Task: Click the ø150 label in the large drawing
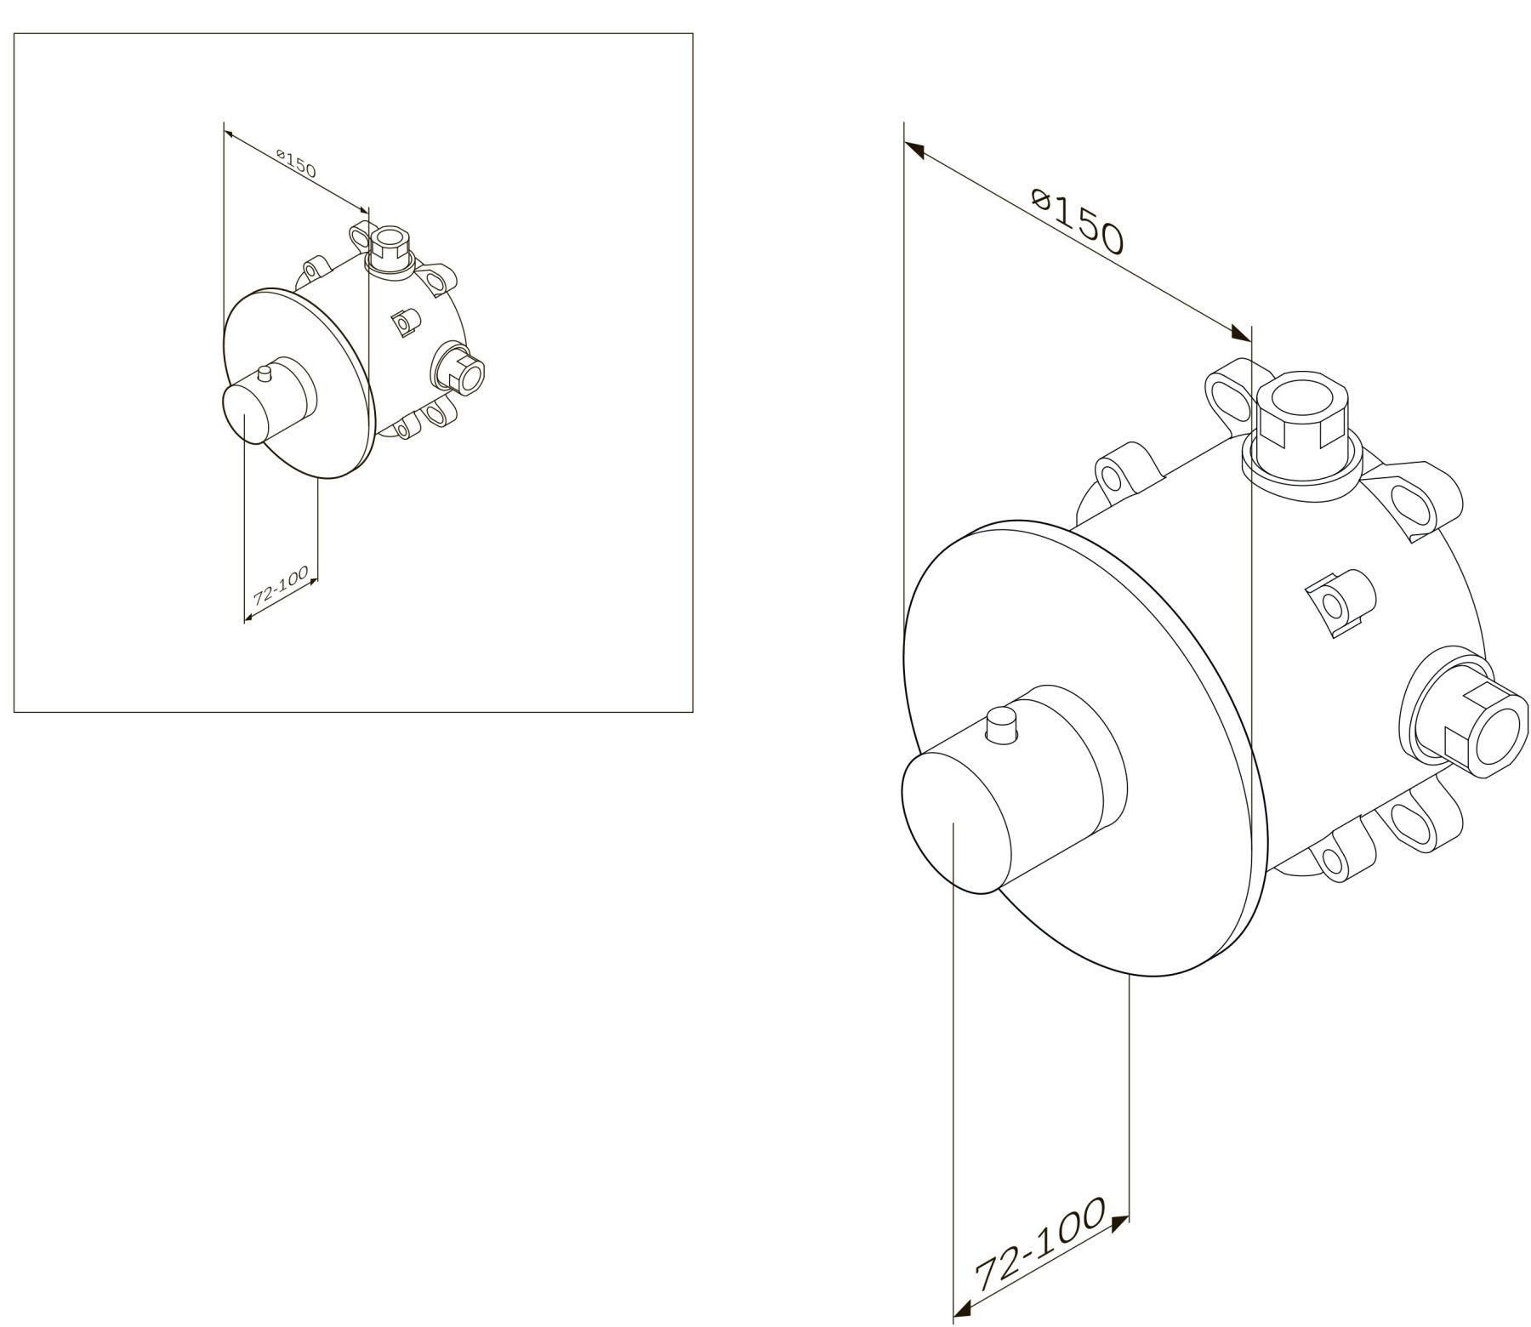point(1078,224)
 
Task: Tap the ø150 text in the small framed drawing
point(296,163)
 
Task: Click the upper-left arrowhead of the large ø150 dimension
point(913,151)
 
